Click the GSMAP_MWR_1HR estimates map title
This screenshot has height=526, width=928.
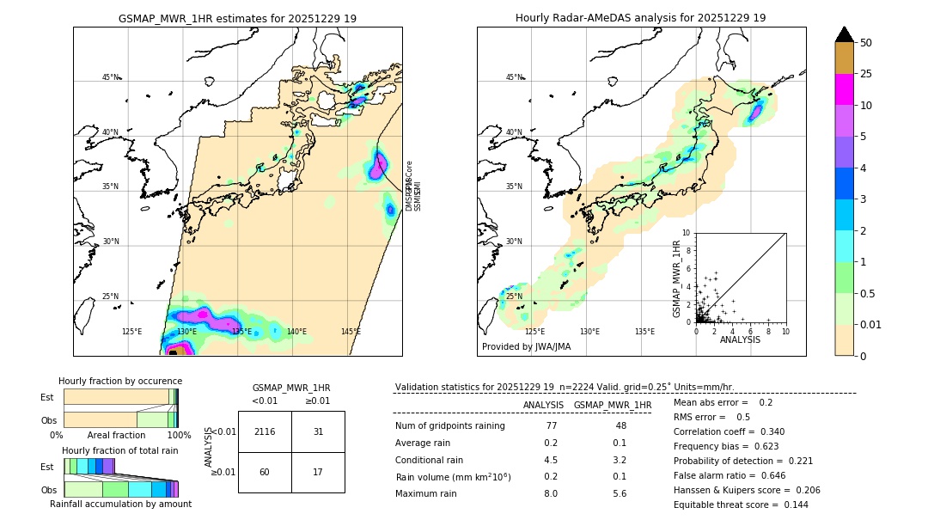click(x=237, y=18)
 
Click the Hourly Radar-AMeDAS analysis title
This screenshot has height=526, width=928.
click(x=640, y=18)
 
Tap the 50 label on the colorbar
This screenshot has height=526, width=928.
click(x=866, y=43)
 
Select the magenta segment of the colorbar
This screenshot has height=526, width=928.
click(x=844, y=89)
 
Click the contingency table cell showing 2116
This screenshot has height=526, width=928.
click(x=265, y=431)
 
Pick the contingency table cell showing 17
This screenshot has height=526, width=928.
click(x=318, y=472)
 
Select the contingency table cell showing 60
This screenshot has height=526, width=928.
click(x=265, y=472)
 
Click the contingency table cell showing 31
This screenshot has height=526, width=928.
click(x=318, y=431)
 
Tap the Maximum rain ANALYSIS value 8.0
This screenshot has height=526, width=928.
click(x=551, y=493)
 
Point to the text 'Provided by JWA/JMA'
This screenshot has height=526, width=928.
click(x=526, y=346)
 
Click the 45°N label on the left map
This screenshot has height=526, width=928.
click(x=111, y=77)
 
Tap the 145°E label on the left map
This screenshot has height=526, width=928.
click(x=351, y=332)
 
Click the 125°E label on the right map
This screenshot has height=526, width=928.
click(x=534, y=332)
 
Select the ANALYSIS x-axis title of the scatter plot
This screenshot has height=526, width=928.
click(x=740, y=339)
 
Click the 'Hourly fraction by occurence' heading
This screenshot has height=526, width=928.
click(x=120, y=381)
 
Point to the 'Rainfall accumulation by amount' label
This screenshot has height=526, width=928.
click(x=120, y=504)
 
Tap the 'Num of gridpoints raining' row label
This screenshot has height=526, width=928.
click(x=450, y=426)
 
